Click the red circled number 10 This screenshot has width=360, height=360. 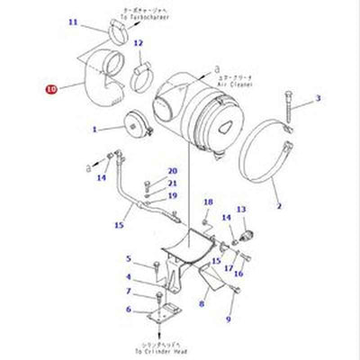point(50,88)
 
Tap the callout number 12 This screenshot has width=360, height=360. point(138,43)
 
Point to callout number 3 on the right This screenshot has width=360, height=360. point(317,97)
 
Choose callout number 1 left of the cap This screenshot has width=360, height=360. point(94,129)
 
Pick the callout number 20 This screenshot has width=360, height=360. point(172,171)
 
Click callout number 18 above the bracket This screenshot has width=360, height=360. point(208,202)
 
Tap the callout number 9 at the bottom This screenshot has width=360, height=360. point(229,318)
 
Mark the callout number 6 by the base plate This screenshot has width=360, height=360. point(128,309)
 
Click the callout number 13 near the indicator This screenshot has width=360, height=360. point(226,217)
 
